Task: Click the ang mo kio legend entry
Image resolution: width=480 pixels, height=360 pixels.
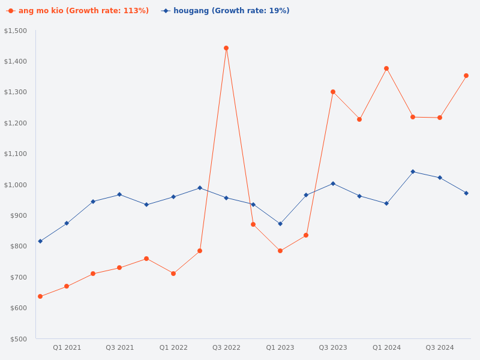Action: tap(78, 11)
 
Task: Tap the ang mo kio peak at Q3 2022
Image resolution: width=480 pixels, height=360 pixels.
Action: tap(226, 48)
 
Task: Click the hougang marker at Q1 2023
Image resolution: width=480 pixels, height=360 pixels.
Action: tap(280, 224)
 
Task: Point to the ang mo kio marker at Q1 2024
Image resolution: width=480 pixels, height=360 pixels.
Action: tap(386, 68)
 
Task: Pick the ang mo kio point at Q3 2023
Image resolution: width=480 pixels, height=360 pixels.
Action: tap(333, 92)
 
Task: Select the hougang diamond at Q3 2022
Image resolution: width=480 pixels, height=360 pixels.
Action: tap(226, 198)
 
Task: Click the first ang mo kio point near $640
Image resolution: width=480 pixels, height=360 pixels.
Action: tap(40, 296)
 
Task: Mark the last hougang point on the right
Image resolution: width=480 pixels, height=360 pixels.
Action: tap(466, 193)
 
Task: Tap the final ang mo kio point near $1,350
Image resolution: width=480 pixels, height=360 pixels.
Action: tap(466, 76)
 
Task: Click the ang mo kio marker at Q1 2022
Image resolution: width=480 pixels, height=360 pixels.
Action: tap(173, 274)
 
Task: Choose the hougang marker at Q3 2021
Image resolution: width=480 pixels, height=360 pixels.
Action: tap(119, 194)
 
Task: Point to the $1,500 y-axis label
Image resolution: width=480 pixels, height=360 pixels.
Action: tap(16, 31)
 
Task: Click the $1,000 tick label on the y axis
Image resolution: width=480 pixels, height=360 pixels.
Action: tap(16, 185)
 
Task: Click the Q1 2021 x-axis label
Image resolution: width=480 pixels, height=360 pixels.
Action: tap(67, 347)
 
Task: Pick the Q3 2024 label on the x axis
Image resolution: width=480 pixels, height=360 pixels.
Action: tap(440, 347)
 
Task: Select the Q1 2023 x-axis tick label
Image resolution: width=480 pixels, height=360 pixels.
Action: tap(280, 347)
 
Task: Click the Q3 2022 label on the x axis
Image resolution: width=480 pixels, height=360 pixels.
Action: tap(226, 347)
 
